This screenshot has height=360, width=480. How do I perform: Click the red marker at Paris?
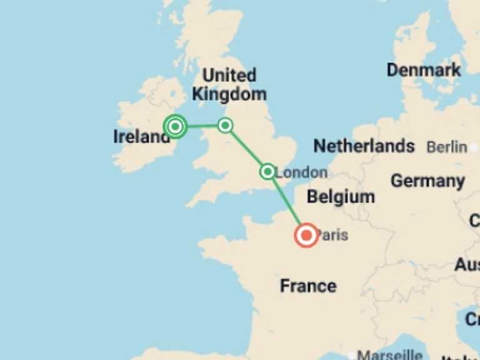point(306,236)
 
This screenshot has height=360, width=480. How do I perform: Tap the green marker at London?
point(267,171)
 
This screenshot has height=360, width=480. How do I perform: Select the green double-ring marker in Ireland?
point(176,127)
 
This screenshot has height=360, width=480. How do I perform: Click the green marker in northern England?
point(225,126)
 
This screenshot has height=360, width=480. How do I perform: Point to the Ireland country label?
point(141,136)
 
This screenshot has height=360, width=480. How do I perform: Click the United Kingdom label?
point(229,84)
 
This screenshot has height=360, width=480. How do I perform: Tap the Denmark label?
point(424,69)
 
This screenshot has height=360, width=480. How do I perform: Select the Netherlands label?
point(364,146)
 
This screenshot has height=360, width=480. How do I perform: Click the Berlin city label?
point(446,147)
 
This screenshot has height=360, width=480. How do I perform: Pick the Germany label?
point(427,181)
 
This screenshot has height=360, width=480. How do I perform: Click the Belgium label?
point(341,197)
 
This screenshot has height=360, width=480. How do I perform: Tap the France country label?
point(308,286)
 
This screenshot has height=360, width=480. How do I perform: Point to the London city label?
point(302,172)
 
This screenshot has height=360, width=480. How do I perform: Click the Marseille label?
point(389,354)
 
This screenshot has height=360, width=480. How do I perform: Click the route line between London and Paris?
point(286,202)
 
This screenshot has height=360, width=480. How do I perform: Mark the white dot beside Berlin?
point(476,147)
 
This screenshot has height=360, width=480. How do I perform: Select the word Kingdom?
point(229,94)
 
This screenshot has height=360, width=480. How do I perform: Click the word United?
point(229,76)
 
